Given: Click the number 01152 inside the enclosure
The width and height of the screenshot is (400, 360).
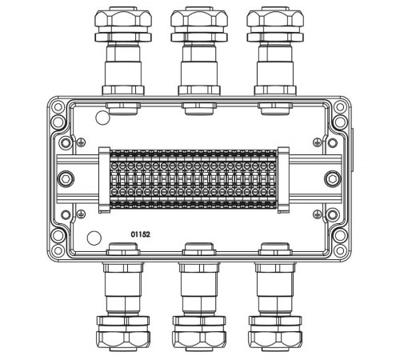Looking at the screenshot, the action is click(x=140, y=234).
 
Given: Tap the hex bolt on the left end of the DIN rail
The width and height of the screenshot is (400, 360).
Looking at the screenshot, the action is click(x=66, y=178).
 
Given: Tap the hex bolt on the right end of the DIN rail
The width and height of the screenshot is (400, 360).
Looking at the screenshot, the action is click(x=333, y=178).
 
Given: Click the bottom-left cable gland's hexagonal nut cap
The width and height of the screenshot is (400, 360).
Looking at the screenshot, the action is click(x=123, y=341).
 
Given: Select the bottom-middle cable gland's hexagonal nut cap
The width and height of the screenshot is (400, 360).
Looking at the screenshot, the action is click(x=199, y=341).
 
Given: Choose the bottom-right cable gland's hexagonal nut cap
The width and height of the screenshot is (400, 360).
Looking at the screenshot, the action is click(x=275, y=341).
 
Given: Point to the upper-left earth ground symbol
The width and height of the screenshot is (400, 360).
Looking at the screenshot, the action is click(x=81, y=142).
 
